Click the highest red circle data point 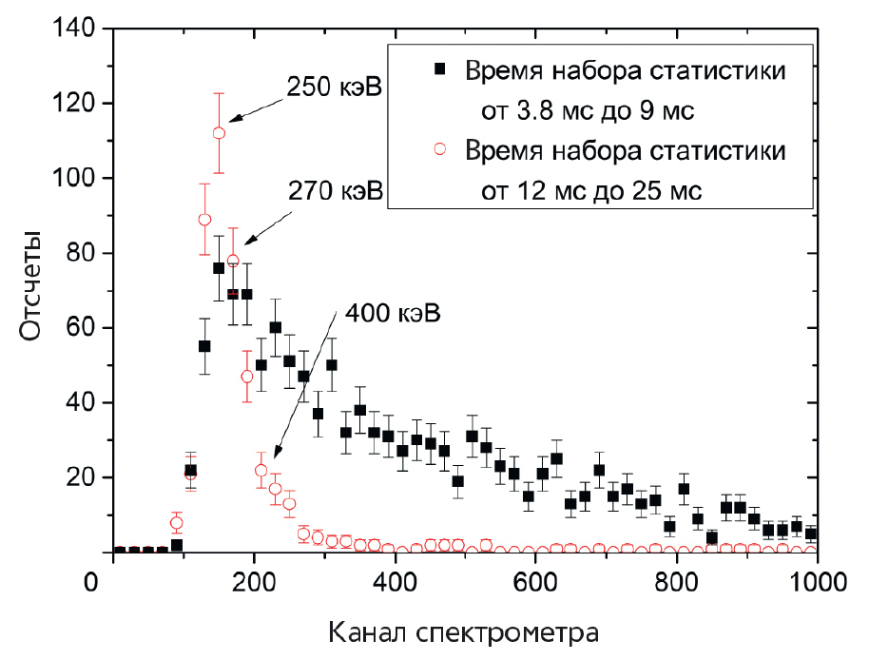click(x=219, y=133)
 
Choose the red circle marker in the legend click(x=438, y=150)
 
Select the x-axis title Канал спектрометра click(x=464, y=631)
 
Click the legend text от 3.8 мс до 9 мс click(x=590, y=111)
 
